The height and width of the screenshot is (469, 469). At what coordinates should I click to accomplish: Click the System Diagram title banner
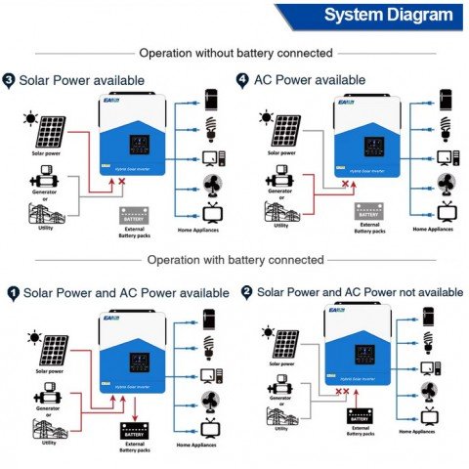tap(387, 16)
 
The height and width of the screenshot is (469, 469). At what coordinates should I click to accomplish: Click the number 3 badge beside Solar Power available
tap(10, 79)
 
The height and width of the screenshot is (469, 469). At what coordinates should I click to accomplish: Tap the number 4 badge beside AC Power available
tap(242, 79)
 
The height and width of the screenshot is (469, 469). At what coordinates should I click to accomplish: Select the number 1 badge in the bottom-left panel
tap(13, 292)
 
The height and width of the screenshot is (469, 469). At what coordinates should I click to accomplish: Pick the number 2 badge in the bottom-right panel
tap(246, 292)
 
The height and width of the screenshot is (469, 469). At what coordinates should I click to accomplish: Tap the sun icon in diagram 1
tap(34, 337)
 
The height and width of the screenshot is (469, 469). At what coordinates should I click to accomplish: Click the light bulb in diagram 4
tap(448, 129)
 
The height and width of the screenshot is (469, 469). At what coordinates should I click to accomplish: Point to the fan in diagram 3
tap(211, 186)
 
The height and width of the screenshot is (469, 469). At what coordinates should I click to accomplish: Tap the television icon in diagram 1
tap(211, 428)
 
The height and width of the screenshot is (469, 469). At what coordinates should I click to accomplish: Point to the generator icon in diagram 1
tap(45, 399)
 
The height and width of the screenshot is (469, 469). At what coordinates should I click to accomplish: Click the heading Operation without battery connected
tap(235, 53)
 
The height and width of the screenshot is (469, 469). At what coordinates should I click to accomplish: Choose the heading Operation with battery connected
tap(234, 260)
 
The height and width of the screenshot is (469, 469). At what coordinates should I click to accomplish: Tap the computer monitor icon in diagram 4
tap(447, 156)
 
